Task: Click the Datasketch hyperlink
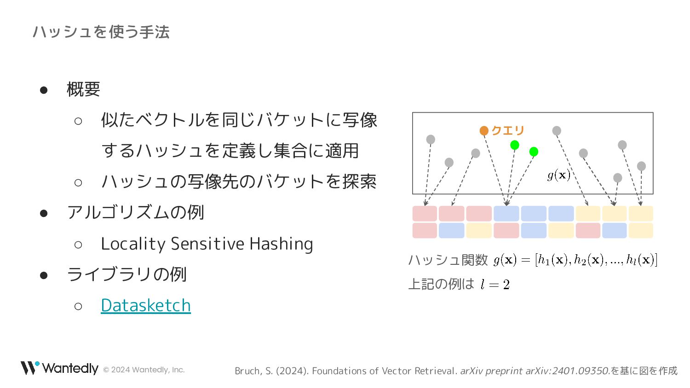[146, 305]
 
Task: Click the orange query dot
[484, 131]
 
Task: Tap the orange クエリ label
[508, 131]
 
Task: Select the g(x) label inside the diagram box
[559, 176]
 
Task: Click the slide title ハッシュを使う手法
[101, 32]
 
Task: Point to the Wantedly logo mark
[30, 368]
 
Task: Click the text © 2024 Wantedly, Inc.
[144, 370]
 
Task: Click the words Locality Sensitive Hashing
[207, 244]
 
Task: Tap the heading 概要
[83, 89]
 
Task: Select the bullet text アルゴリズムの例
[136, 212]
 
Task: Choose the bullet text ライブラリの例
[127, 274]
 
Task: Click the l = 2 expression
[495, 284]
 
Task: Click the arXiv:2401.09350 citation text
[567, 371]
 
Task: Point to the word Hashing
[281, 244]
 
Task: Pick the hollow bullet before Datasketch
[78, 306]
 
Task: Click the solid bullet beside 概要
[44, 90]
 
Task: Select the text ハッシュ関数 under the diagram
[448, 260]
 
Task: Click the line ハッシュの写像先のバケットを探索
[239, 182]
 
